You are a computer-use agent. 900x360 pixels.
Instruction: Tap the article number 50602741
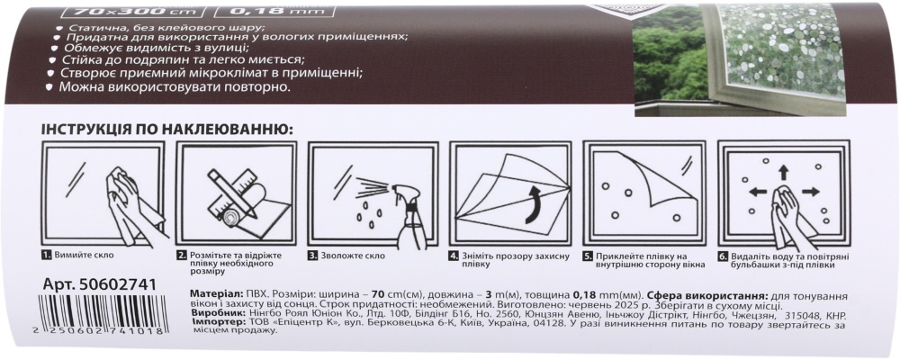click(100, 285)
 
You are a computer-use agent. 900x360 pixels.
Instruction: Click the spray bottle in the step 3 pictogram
click(413, 209)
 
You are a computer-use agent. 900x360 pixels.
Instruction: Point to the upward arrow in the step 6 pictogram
click(782, 170)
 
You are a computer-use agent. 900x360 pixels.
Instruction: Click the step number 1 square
click(47, 256)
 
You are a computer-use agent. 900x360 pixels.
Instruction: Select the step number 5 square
click(588, 256)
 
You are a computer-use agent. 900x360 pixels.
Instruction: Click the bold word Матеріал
click(217, 295)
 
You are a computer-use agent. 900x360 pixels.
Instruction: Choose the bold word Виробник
click(219, 314)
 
